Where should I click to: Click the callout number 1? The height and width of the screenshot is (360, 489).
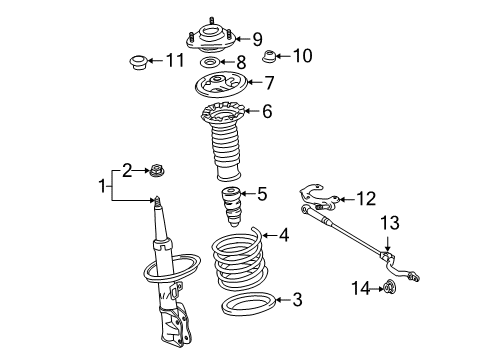click(100, 185)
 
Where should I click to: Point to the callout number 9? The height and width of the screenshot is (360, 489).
click(257, 39)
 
